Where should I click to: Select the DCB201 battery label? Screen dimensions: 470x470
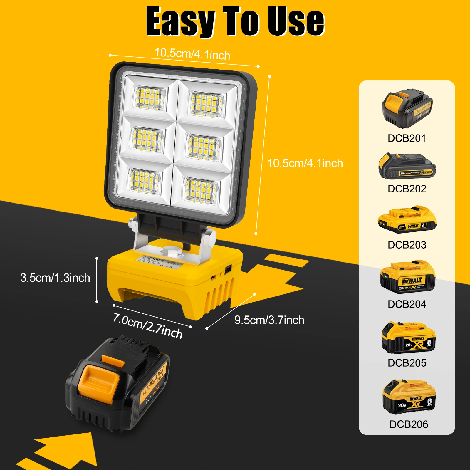pos(407,138)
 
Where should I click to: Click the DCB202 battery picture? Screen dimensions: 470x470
pos(407,166)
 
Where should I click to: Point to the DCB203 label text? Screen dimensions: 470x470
pos(407,245)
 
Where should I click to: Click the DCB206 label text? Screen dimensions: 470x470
pos(408,424)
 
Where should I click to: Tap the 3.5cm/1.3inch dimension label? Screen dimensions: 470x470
pos(55,278)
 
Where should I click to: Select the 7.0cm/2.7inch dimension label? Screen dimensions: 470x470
pos(148,325)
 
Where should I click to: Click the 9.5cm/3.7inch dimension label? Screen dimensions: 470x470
pos(269,320)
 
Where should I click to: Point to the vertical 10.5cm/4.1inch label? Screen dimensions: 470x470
pos(305,163)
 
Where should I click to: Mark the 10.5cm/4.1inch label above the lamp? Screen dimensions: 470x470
pos(192,54)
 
